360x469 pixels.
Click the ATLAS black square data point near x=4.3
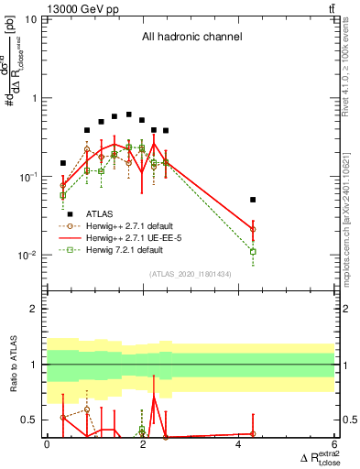tap(253, 199)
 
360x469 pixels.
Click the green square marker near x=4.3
tap(253, 251)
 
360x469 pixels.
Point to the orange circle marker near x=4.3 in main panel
tap(253, 229)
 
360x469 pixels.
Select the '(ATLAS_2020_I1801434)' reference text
tap(191, 275)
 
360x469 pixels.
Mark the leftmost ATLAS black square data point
tap(63, 163)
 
